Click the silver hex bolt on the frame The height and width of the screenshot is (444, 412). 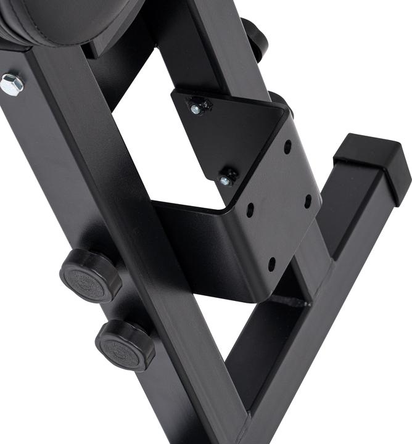click(12, 84)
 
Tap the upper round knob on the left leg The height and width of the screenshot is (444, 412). click(90, 274)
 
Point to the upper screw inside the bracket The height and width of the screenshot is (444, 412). click(196, 109)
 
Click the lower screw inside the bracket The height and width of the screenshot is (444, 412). click(226, 179)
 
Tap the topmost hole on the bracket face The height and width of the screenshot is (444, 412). click(287, 147)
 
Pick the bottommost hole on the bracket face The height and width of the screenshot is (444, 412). click(271, 266)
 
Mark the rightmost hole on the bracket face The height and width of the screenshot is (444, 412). click(308, 201)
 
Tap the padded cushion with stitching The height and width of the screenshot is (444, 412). click(68, 18)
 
